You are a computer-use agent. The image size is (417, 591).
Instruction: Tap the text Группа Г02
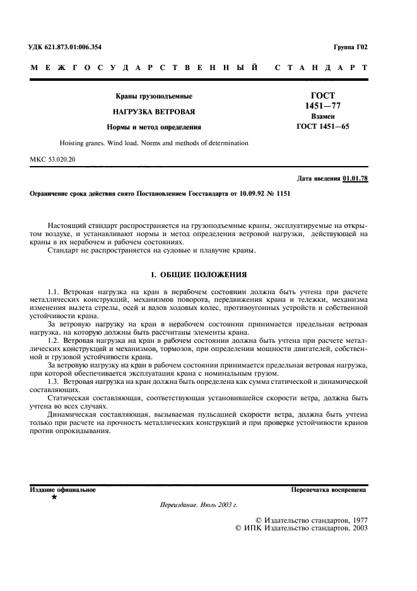tap(350, 47)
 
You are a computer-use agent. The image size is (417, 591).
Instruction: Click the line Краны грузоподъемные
tap(153, 96)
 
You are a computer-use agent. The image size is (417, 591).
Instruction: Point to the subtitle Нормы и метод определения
tap(153, 126)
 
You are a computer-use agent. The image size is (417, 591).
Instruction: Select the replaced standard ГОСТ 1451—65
tap(322, 126)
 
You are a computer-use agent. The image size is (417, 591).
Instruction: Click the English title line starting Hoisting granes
tap(153, 143)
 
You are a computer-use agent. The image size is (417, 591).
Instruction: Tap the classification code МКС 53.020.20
tap(52, 160)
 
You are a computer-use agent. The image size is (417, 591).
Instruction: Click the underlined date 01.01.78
tap(355, 179)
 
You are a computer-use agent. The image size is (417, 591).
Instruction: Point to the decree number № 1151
tap(277, 194)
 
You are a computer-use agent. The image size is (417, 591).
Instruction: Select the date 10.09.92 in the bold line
tap(238, 194)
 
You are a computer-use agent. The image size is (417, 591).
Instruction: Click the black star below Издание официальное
tap(54, 498)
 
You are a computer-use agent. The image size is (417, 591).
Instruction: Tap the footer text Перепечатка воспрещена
tap(328, 489)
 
